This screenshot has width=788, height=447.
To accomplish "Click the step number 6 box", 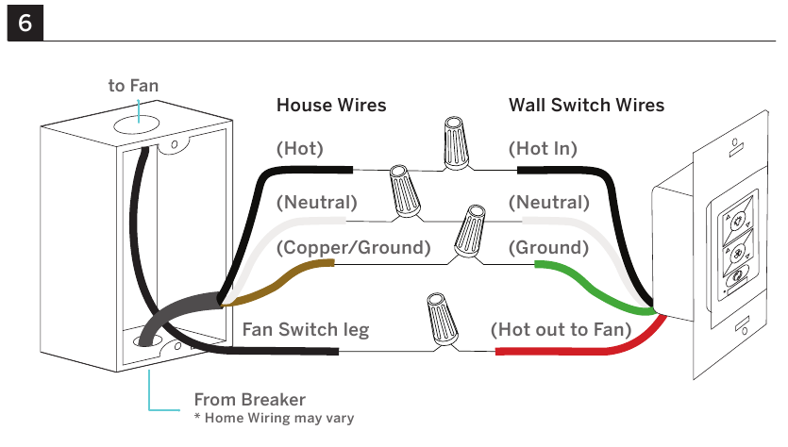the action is click(x=25, y=23).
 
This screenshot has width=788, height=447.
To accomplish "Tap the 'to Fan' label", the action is click(x=133, y=86).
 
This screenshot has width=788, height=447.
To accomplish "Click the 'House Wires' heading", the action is click(x=331, y=105).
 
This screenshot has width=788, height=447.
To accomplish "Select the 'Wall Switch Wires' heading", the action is click(x=586, y=105).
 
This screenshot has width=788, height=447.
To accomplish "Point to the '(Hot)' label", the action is click(x=299, y=149).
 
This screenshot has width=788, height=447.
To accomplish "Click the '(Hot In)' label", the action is click(x=543, y=149).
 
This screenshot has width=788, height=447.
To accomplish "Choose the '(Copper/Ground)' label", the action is click(x=353, y=248).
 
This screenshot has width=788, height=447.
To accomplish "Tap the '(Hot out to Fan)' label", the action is click(x=561, y=329).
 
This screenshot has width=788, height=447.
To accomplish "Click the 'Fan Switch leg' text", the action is click(x=306, y=330).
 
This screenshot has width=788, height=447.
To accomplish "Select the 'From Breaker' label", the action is click(x=250, y=400).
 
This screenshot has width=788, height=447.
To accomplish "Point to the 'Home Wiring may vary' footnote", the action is click(x=279, y=418).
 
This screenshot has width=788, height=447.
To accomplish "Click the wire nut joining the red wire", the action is click(x=442, y=320).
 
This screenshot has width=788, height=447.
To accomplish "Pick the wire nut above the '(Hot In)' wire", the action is click(x=457, y=143).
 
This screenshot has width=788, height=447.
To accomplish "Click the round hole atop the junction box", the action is click(x=136, y=124).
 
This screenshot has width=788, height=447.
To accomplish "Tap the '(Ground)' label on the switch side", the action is click(x=548, y=248).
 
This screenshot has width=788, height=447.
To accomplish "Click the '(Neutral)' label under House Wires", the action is click(x=316, y=203).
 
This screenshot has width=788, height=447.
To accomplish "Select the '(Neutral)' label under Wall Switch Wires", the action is click(x=549, y=203).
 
